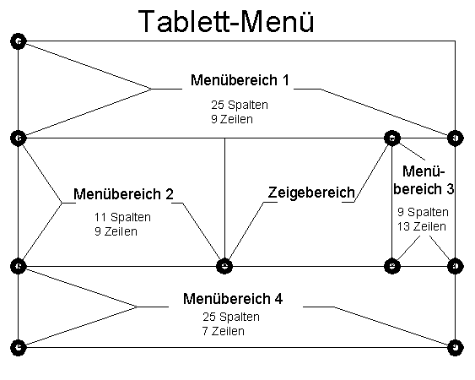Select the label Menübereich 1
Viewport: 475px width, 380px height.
pyautogui.click(x=240, y=80)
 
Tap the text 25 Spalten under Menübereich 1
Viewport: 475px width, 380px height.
pyautogui.click(x=240, y=106)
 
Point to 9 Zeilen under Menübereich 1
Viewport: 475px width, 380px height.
pyautogui.click(x=232, y=119)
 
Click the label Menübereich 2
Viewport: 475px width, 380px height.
pyautogui.click(x=123, y=194)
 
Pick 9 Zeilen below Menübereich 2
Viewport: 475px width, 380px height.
pyautogui.click(x=116, y=231)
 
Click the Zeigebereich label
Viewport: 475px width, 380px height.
pyautogui.click(x=310, y=193)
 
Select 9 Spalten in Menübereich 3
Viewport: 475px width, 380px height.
pyautogui.click(x=422, y=212)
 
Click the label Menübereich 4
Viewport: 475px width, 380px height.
pyautogui.click(x=232, y=299)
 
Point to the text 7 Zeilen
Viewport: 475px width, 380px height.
pyautogui.click(x=224, y=331)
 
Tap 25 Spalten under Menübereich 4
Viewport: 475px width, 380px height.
pyautogui.click(x=231, y=317)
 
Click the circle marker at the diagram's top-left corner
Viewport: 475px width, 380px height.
pyautogui.click(x=18, y=41)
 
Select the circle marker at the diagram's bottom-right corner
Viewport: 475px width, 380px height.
pyautogui.click(x=455, y=346)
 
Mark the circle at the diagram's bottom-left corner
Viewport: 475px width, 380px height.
pyautogui.click(x=18, y=346)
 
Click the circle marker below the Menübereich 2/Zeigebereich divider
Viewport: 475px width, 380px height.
pyautogui.click(x=224, y=266)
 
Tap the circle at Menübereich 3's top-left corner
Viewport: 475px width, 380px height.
pyautogui.click(x=391, y=137)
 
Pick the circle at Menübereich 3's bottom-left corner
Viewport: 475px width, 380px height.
pyautogui.click(x=391, y=266)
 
